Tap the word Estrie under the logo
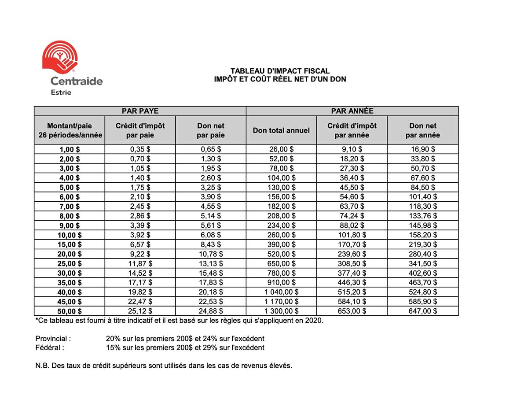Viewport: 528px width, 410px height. click(x=61, y=92)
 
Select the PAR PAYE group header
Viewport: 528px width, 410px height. click(x=140, y=111)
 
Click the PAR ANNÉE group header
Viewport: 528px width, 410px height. click(x=352, y=111)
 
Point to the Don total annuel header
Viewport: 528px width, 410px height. click(x=281, y=130)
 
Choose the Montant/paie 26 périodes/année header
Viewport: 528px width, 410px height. click(x=70, y=130)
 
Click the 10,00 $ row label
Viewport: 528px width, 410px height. click(x=70, y=235)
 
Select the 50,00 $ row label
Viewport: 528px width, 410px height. click(x=70, y=311)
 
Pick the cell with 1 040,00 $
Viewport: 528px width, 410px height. click(x=281, y=292)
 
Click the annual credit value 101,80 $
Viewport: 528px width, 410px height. click(x=352, y=235)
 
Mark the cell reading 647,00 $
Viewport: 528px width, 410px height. click(x=423, y=311)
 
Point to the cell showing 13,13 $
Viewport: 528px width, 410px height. click(x=211, y=263)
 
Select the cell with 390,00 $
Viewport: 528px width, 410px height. click(x=281, y=244)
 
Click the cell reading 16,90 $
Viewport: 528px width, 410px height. click(x=423, y=149)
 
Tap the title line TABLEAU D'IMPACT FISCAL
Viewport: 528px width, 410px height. click(x=280, y=71)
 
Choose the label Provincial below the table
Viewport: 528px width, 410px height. click(x=53, y=339)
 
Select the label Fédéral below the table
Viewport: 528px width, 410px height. click(x=50, y=347)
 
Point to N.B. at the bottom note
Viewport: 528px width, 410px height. click(x=42, y=366)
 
